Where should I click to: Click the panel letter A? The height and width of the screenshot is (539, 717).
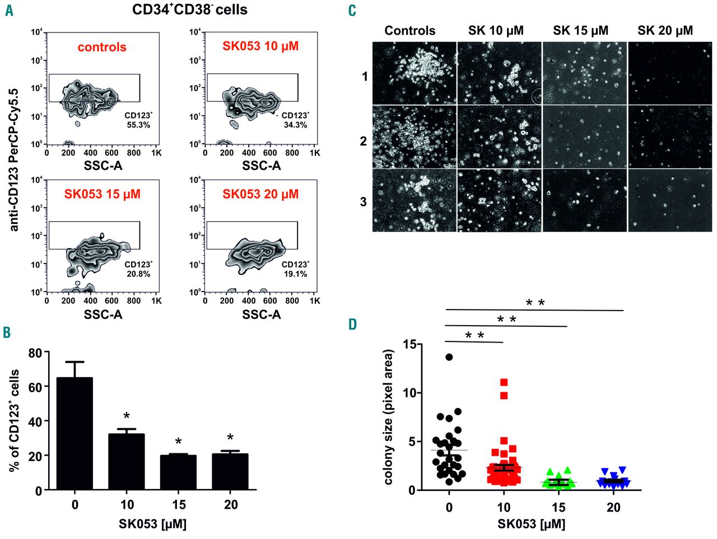click(x=9, y=11)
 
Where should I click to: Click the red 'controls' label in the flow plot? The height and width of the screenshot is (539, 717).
click(x=102, y=48)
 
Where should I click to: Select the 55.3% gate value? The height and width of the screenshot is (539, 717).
click(x=138, y=125)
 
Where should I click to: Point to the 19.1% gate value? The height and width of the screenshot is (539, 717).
click(x=295, y=274)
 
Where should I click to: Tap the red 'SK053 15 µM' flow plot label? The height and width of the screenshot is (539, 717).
click(x=102, y=195)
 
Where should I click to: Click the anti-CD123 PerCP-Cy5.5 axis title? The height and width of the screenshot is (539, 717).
click(x=14, y=160)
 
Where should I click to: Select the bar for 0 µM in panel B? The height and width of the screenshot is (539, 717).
click(x=75, y=434)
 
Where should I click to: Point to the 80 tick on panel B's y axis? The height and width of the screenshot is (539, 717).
click(x=35, y=353)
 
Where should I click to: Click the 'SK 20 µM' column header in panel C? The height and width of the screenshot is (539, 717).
click(x=665, y=31)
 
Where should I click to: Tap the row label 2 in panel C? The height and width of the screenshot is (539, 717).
click(x=363, y=142)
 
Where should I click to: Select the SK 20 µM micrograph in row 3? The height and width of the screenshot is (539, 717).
click(x=669, y=200)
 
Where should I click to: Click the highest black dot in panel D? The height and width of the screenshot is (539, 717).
click(x=449, y=357)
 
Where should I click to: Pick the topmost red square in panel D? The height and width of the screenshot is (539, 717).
click(x=504, y=382)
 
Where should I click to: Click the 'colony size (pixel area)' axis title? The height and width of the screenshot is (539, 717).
click(x=389, y=417)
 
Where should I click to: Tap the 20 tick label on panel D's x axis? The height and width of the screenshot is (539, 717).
click(x=613, y=508)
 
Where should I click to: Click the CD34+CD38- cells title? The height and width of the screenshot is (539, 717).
click(x=190, y=10)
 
